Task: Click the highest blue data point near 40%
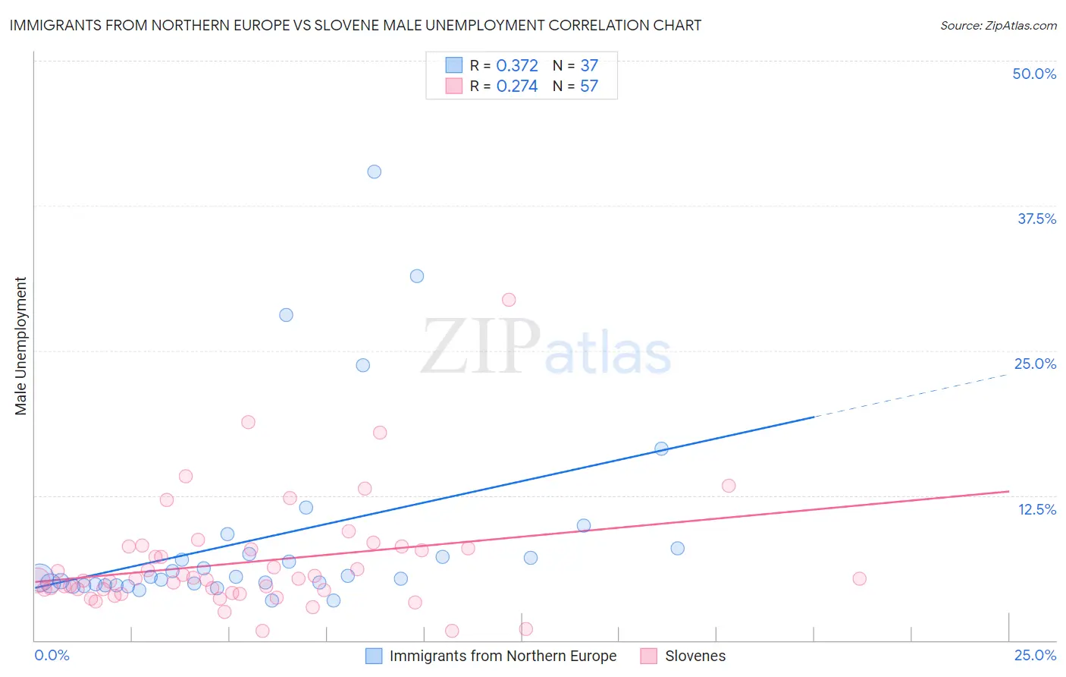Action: coord(374,172)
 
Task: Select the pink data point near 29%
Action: coord(509,300)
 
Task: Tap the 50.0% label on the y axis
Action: coord(1034,74)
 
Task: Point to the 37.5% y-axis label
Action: coord(1036,219)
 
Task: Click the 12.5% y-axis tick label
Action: coord(1036,509)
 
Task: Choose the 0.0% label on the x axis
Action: coord(52,655)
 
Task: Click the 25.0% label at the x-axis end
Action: coord(1035,655)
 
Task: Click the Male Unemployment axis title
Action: coord(20,346)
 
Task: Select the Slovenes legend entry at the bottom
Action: coord(694,656)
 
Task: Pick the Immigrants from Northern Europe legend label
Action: coord(503,656)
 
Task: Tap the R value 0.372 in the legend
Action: coord(517,66)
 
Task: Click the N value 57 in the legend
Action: coord(589,87)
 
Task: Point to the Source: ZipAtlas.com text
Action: coord(998,26)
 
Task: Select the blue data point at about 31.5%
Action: coord(416,276)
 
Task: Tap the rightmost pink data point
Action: coord(859,578)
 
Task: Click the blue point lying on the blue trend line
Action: coord(661,449)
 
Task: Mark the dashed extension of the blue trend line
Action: coord(910,395)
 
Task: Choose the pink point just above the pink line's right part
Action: coord(729,486)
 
